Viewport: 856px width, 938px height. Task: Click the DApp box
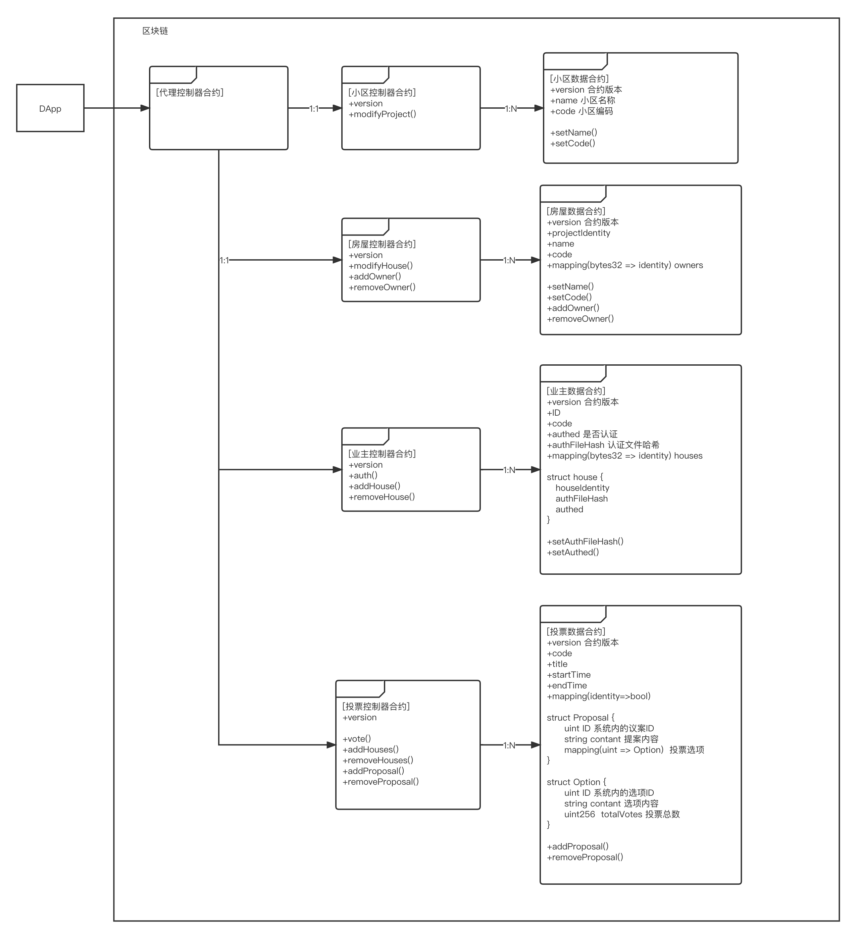(x=50, y=108)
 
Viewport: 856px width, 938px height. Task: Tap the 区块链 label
(x=155, y=31)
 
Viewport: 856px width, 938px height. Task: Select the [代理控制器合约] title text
(x=190, y=93)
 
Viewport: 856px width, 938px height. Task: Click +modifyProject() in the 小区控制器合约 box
(x=382, y=114)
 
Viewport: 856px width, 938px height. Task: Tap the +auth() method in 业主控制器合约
(x=363, y=475)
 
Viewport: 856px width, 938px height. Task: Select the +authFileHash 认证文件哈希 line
(x=603, y=445)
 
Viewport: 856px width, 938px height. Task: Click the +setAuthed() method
(x=573, y=552)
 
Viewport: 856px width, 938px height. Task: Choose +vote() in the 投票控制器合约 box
(x=357, y=738)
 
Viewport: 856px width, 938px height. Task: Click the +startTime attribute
(x=569, y=675)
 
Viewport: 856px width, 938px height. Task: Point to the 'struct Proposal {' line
(x=581, y=718)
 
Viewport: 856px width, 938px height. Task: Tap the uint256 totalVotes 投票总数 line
(x=622, y=814)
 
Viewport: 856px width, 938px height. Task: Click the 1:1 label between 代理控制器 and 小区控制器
(x=314, y=108)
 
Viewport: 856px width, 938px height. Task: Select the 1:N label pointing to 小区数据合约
(x=511, y=108)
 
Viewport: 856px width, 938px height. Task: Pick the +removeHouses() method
(x=378, y=760)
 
